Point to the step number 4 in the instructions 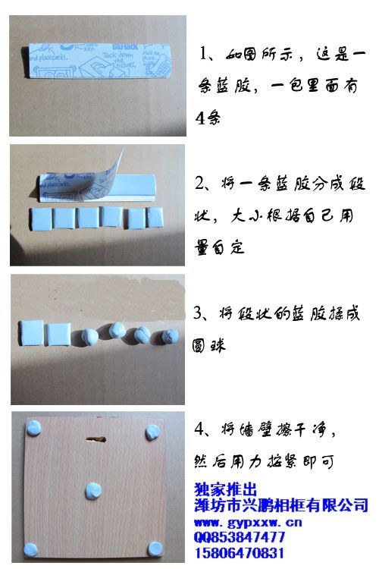(199, 429)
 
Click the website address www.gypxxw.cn (248, 523)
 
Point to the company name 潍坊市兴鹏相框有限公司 (281, 505)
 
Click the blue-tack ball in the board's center (94, 490)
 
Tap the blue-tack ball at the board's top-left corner (35, 429)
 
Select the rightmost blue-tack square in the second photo (159, 218)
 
